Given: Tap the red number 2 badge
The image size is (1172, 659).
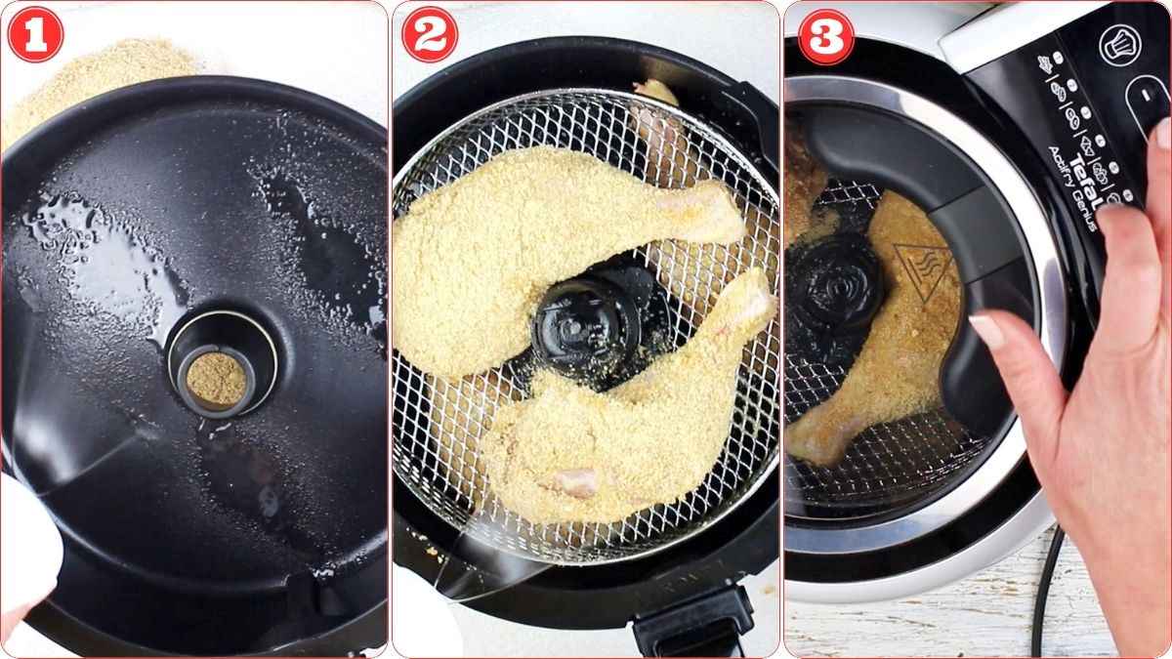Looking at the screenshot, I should pyautogui.click(x=430, y=35).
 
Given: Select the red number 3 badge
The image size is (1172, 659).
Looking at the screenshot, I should pyautogui.click(x=825, y=36).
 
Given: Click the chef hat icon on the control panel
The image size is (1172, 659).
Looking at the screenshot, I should pyautogui.click(x=1119, y=44).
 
